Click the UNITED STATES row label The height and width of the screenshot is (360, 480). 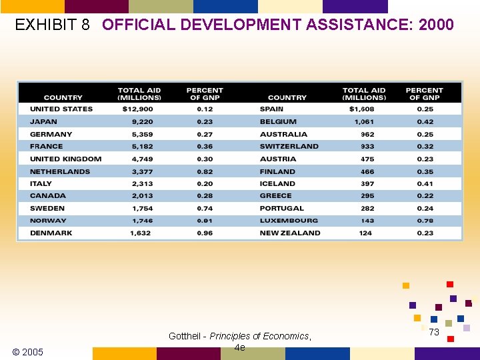pos(61,109)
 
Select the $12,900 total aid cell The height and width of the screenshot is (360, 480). pos(138,109)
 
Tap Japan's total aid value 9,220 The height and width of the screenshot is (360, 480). pos(142,121)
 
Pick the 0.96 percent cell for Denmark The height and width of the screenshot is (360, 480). pos(205,233)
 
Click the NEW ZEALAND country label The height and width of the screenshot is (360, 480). pos(290,233)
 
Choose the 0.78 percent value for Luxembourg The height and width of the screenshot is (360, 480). pos(425,221)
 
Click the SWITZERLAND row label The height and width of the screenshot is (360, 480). pos(289,146)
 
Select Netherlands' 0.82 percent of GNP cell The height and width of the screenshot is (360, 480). pos(205,171)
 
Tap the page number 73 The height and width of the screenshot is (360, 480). pos(434,332)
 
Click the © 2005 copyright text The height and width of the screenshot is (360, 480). pos(28,352)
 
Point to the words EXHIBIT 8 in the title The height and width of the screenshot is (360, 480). pos(52,25)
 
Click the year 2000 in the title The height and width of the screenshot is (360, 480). pos(436,25)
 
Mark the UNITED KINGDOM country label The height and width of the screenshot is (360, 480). pos(66,159)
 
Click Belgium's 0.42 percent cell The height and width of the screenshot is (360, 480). pos(425,121)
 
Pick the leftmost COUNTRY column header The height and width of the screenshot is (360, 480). pos(63,97)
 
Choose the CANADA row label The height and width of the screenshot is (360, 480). pos(48,196)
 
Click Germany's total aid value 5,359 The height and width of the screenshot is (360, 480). pos(142,134)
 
